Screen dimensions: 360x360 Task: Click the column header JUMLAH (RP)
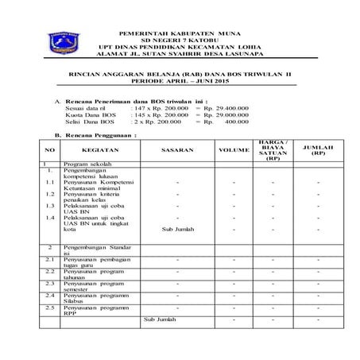pyautogui.click(x=317, y=149)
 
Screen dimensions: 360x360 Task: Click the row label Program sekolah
pyautogui.click(x=85, y=163)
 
